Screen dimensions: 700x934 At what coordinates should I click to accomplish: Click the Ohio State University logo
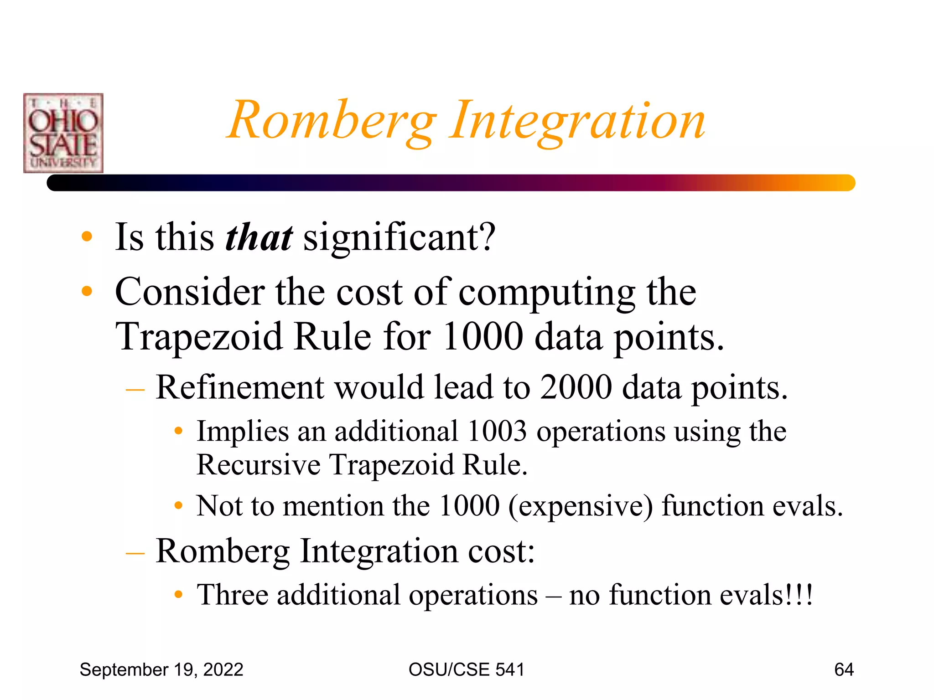[x=63, y=133]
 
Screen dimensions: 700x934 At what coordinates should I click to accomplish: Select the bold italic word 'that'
[x=259, y=237]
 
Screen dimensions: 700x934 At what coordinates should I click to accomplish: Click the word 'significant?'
[x=400, y=237]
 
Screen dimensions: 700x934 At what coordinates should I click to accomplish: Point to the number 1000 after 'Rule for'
[x=483, y=337]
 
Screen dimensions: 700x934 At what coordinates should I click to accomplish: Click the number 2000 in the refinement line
[x=576, y=387]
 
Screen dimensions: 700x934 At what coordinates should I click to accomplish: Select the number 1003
[x=497, y=431]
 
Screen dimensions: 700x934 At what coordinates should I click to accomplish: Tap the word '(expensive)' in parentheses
[x=581, y=506]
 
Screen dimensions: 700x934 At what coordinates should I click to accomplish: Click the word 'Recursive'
[x=259, y=465]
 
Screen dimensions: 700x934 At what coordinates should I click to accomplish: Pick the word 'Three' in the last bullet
[x=233, y=595]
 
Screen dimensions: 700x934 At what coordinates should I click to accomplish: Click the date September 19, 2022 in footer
[x=161, y=669]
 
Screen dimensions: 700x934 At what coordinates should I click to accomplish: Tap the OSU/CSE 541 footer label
[x=467, y=669]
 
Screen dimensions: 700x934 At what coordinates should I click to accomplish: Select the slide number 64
[x=844, y=669]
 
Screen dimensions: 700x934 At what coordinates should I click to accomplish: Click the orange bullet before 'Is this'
[x=87, y=237]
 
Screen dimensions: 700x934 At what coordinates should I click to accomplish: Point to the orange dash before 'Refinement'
[x=135, y=389]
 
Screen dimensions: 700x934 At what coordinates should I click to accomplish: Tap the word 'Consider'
[x=190, y=292]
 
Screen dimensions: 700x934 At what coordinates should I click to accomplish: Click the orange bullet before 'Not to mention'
[x=179, y=505]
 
